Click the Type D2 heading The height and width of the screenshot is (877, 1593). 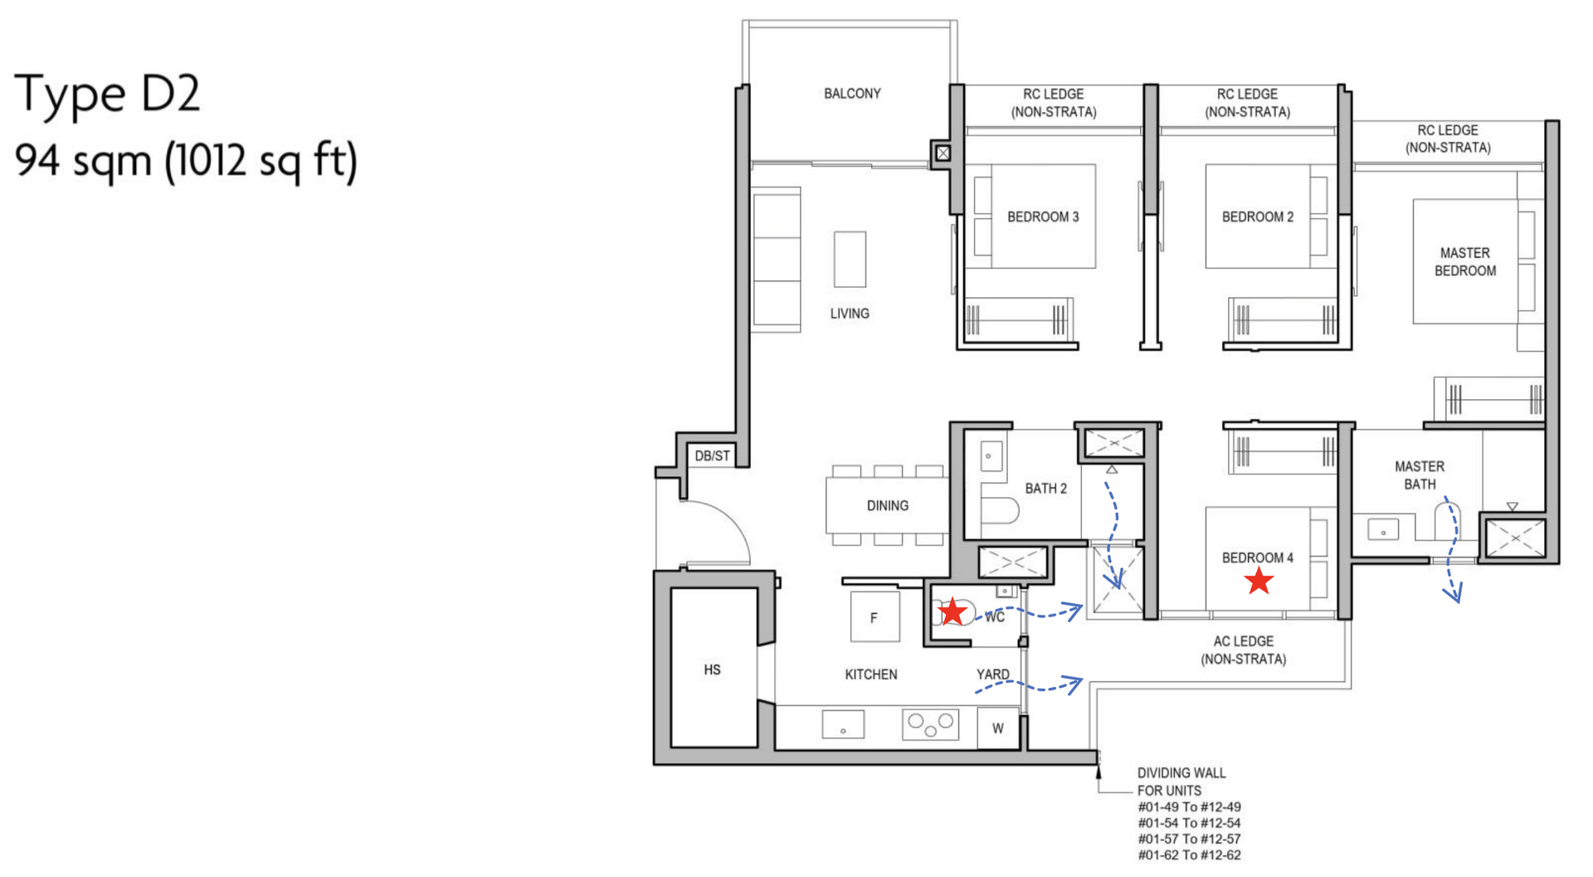[x=108, y=93]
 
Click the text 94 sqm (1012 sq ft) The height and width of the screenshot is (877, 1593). [x=186, y=160]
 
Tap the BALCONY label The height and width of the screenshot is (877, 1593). [x=852, y=94]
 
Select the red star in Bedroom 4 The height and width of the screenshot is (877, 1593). [x=1259, y=581]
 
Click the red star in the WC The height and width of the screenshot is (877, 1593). [x=952, y=612]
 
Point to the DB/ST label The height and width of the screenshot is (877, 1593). [x=712, y=456]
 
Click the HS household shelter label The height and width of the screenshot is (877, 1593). [x=712, y=670]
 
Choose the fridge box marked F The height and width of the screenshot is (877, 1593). [x=874, y=617]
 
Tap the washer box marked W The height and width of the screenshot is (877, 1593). [x=997, y=728]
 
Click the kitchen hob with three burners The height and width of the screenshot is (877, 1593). [x=930, y=724]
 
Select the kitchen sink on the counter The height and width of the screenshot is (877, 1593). [x=843, y=724]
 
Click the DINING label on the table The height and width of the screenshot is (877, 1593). [x=887, y=505]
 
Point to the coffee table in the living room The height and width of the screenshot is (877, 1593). [x=850, y=259]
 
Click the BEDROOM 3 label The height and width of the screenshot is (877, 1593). [x=1043, y=217]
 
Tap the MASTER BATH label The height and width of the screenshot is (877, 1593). [x=1419, y=475]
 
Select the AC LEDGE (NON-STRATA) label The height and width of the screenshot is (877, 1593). [x=1243, y=650]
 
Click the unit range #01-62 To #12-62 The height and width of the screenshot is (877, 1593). [x=1189, y=855]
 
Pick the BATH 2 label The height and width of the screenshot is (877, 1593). [x=1045, y=489]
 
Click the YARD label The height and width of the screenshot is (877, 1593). [x=992, y=675]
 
